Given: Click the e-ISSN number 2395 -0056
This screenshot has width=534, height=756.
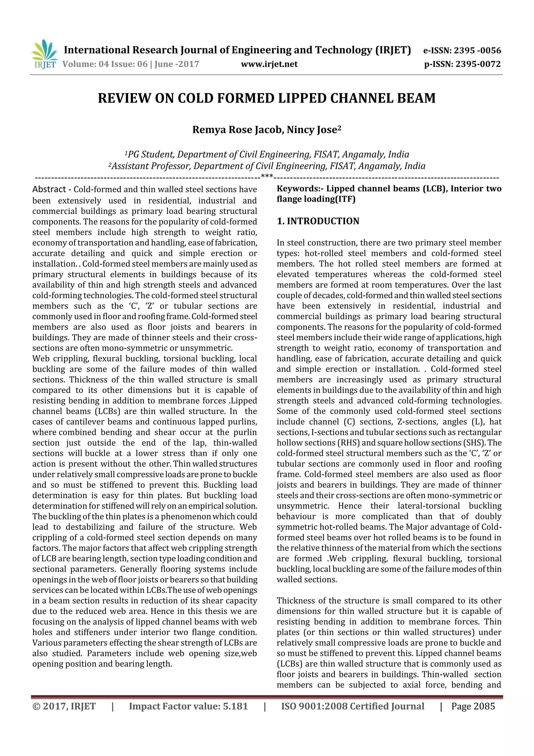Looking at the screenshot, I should point(477,50).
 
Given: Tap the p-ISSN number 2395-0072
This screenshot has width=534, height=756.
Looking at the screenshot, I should point(478,64).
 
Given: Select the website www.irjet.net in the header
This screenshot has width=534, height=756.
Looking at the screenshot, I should point(269,64).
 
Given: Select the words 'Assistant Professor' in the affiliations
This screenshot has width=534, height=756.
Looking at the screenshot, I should point(151,166).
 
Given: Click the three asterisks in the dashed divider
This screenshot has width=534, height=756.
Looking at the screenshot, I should point(267,177).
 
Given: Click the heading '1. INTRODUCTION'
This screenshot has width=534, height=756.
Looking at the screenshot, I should point(318,221).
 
